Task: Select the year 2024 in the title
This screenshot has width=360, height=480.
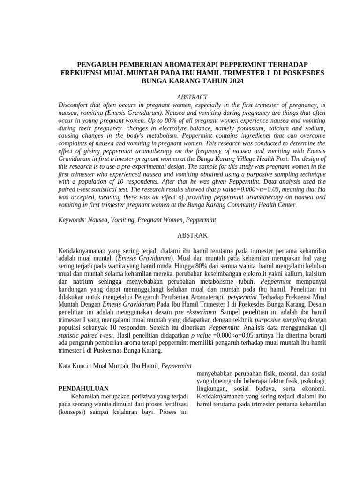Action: click(235, 81)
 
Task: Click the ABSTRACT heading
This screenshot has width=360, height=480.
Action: click(192, 97)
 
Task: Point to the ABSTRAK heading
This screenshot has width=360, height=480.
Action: click(192, 235)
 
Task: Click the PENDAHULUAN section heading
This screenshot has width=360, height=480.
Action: click(83, 389)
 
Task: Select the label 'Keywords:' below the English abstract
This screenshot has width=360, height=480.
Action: click(72, 219)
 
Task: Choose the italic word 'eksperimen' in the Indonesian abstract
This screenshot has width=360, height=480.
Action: click(201, 312)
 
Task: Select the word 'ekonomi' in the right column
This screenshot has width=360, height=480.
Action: click(313, 389)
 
